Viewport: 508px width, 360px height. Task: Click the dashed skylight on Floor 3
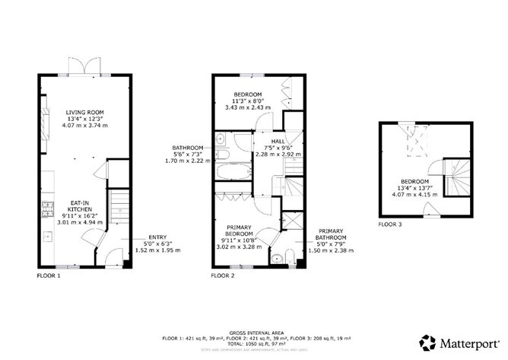(x=417, y=140)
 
